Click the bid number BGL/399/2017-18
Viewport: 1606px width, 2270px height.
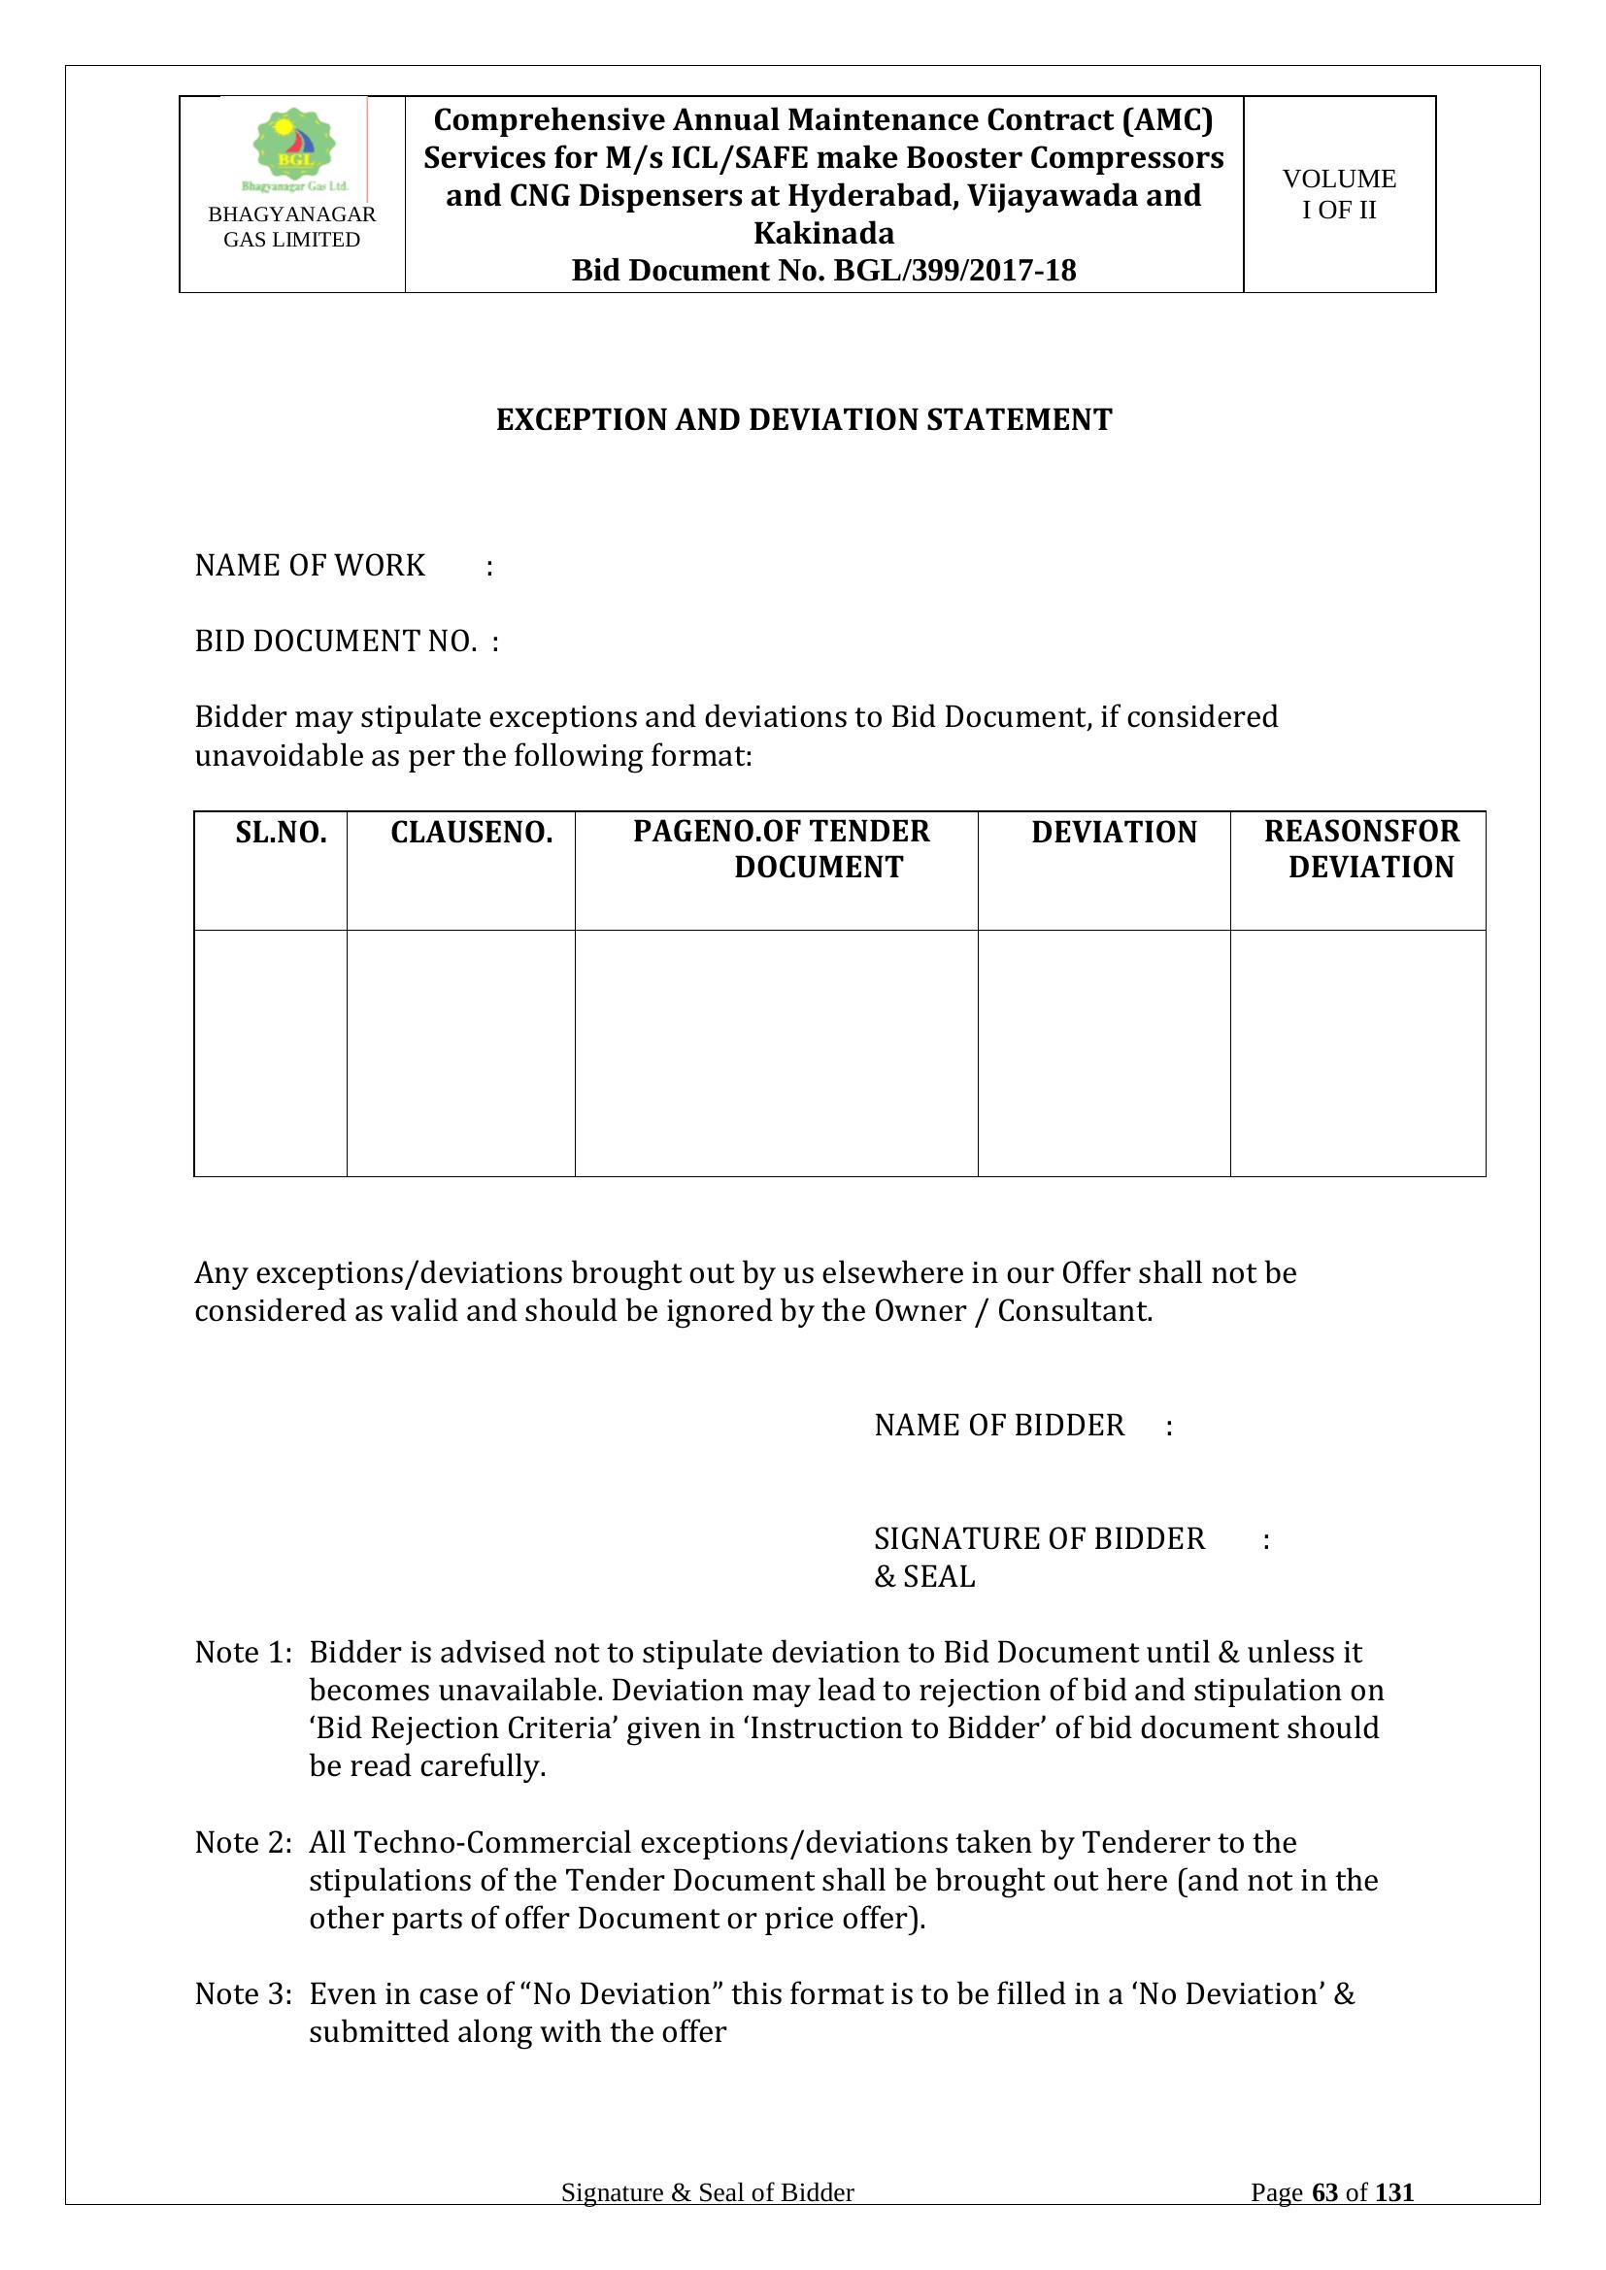[954, 271]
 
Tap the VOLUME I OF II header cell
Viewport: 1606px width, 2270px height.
[1339, 194]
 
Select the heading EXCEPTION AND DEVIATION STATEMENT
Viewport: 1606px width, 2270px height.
[803, 420]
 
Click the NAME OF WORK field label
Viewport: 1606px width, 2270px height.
[310, 566]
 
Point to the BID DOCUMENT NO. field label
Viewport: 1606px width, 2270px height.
[335, 642]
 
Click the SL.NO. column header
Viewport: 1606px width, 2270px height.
[281, 833]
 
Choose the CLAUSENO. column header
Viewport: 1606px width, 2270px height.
[471, 833]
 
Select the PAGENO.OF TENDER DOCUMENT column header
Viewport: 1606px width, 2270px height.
[782, 849]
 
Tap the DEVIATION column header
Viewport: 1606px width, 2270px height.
[1114, 833]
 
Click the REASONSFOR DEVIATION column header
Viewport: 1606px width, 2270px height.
[1361, 849]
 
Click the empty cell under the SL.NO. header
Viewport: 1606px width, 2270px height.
[270, 1053]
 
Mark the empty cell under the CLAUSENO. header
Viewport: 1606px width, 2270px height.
[461, 1053]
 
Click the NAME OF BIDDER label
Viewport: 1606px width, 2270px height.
[999, 1425]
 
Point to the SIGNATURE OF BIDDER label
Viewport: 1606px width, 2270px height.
[1039, 1538]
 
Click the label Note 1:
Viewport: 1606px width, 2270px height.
[244, 1652]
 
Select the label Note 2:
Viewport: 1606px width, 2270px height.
[244, 1842]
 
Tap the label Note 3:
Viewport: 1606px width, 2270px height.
[244, 1993]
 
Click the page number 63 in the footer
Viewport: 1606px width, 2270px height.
[1324, 2193]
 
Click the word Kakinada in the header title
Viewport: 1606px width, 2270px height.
[823, 233]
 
